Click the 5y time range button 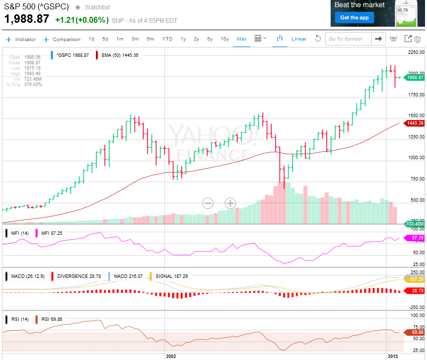pyautogui.click(x=210, y=39)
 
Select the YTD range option pyautogui.click(x=168, y=39)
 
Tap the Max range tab pyautogui.click(x=242, y=39)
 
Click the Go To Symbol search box pyautogui.click(x=348, y=39)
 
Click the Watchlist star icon pyautogui.click(x=78, y=7)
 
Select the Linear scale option pyautogui.click(x=299, y=39)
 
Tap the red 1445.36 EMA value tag pyautogui.click(x=414, y=123)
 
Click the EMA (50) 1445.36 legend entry pyautogui.click(x=120, y=55)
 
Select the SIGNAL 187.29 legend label pyautogui.click(x=172, y=276)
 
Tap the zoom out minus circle pyautogui.click(x=208, y=203)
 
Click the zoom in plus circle pyautogui.click(x=231, y=203)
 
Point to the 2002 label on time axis pyautogui.click(x=171, y=356)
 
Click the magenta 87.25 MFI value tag pyautogui.click(x=414, y=238)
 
